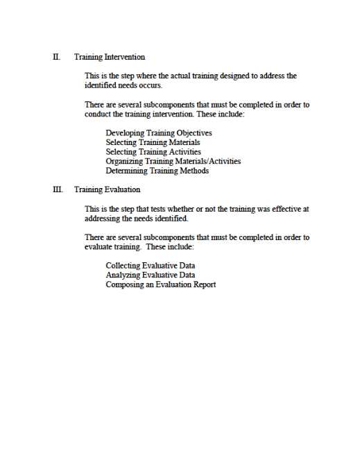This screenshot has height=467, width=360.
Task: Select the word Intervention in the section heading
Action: (x=125, y=57)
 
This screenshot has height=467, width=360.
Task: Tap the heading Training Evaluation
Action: (x=107, y=189)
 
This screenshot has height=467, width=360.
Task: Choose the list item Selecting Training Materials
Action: (x=153, y=142)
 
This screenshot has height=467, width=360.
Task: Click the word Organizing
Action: (x=125, y=161)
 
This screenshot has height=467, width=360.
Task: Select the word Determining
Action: (x=126, y=171)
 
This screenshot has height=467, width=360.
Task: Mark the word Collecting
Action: (x=123, y=266)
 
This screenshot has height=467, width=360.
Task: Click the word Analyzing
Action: (x=123, y=275)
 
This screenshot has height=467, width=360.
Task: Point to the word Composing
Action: (x=124, y=285)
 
